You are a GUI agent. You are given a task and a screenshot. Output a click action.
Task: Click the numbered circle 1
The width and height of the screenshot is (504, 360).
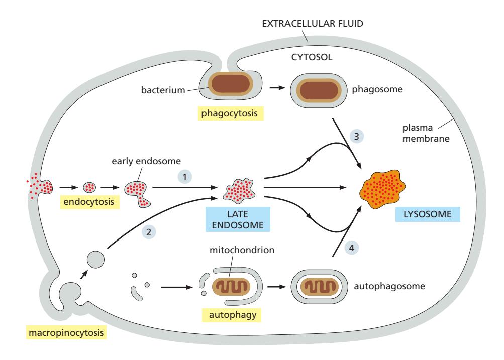(x=187, y=177)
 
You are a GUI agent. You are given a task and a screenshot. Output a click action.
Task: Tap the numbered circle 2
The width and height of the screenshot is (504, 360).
(x=149, y=231)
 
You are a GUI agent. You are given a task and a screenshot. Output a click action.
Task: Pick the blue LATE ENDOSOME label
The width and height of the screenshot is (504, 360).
(x=235, y=220)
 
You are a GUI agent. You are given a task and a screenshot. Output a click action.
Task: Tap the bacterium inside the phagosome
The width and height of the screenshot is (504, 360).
(x=315, y=89)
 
